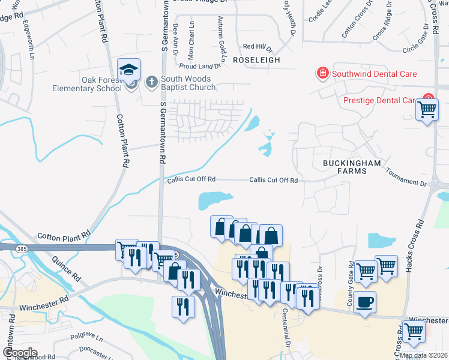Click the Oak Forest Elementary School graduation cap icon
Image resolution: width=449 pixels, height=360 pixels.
point(129,70)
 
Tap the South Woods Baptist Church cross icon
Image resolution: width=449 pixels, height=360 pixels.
point(152,81)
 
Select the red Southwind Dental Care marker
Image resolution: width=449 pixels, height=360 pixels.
point(322,74)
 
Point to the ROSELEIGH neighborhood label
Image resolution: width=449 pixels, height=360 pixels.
point(257,61)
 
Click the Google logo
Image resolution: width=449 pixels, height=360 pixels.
point(20,352)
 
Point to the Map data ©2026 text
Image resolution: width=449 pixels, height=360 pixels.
point(423,355)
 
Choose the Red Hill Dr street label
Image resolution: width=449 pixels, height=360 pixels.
point(257,47)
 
